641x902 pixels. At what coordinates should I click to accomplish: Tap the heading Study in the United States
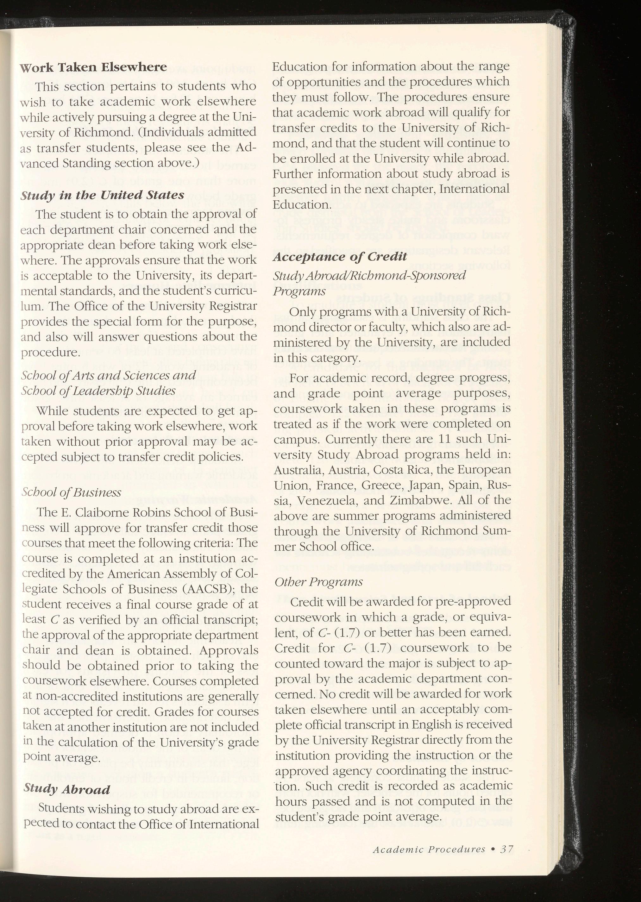click(102, 195)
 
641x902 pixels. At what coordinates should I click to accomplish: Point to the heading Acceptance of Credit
click(340, 257)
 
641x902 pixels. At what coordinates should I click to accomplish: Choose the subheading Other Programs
click(318, 582)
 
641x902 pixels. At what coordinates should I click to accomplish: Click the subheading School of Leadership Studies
click(98, 391)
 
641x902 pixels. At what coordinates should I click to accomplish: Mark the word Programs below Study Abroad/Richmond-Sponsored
click(299, 291)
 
